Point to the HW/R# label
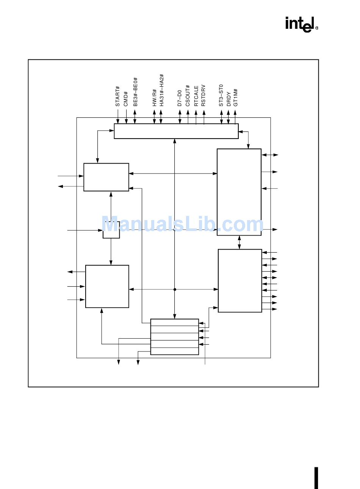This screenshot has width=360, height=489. coord(154,98)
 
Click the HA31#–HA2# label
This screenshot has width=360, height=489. coord(161,90)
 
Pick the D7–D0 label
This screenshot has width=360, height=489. coord(180,98)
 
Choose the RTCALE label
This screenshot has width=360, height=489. coord(196,95)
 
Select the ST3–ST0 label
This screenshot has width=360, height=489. coord(221,95)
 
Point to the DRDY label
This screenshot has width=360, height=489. coord(229,99)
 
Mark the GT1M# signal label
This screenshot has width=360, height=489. coord(236,97)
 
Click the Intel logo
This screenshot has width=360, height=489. coord(301,24)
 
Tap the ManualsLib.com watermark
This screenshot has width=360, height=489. coord(182,225)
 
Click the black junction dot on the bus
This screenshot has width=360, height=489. coord(175,289)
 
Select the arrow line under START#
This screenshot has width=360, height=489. coord(118,117)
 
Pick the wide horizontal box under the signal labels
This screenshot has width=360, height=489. coord(176,131)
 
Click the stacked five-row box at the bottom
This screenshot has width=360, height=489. coord(174,337)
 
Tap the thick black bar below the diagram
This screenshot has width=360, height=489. coord(316,478)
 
